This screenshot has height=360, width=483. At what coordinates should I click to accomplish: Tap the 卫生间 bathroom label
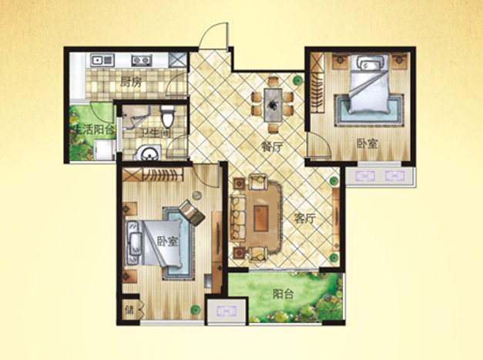pos(156,133)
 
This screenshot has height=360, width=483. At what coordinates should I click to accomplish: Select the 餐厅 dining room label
pos(272,147)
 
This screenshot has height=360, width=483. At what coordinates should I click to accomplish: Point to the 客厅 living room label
pos(305,219)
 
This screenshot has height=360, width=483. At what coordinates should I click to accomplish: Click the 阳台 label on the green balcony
pos(283,294)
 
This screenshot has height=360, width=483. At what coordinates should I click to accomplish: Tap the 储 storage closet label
pos(129,309)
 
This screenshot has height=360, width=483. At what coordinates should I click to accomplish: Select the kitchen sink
pos(102,60)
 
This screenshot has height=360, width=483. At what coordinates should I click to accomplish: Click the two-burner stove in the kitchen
pos(142,60)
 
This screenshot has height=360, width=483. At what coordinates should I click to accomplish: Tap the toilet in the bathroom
pos(168,116)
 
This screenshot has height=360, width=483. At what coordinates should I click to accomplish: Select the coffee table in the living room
pos(261,218)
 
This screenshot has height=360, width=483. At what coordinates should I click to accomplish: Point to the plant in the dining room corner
pos(297,80)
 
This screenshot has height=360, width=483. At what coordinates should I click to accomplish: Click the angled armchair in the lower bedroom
pos(192,212)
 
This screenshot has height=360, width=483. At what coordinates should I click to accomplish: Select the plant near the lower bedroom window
pos(196,309)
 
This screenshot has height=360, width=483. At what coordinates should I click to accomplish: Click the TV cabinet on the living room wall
pos(336,220)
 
